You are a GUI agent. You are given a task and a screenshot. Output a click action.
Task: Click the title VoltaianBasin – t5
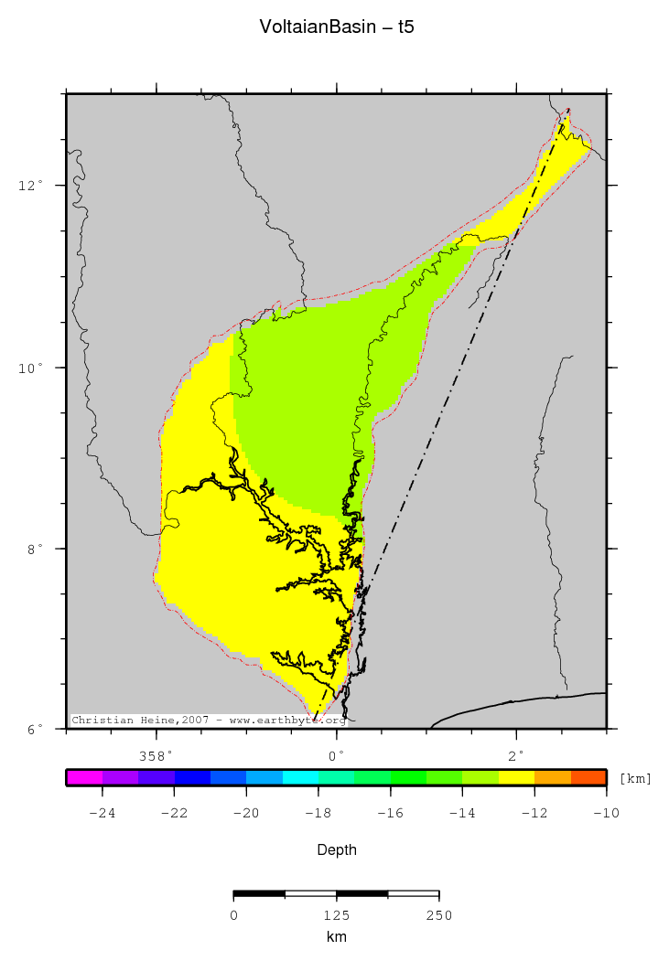[337, 27]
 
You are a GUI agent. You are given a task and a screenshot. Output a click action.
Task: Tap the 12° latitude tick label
[32, 186]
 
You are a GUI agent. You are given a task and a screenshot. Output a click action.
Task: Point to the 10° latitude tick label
[32, 368]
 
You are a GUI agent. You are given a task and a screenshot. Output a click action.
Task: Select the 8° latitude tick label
[35, 549]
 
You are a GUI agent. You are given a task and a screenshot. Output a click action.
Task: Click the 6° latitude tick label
[35, 730]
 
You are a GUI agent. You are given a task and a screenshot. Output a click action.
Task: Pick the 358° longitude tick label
[156, 755]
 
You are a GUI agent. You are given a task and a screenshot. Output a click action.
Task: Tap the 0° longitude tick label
[337, 755]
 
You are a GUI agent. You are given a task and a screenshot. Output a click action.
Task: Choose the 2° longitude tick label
[517, 755]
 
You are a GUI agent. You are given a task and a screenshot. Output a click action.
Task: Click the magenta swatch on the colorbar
[84, 777]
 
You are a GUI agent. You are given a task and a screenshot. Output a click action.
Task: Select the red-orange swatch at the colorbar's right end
[588, 777]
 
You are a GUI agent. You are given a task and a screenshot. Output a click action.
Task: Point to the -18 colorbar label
[318, 814]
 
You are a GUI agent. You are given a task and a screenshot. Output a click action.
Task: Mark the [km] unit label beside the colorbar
[636, 778]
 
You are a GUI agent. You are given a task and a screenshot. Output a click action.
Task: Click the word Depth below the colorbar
[337, 850]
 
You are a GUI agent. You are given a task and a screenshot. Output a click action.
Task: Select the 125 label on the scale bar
[337, 915]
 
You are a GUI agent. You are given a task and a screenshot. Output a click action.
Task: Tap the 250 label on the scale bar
[439, 915]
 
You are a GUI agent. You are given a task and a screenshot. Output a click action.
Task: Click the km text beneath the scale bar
[337, 937]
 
